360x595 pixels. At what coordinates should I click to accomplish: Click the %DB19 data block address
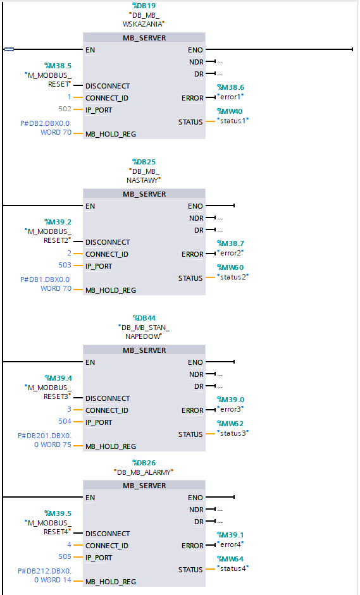[144, 5]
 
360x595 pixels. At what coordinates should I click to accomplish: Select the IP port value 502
[65, 109]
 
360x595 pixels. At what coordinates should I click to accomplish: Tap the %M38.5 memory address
[58, 65]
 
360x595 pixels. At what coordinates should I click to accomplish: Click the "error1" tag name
[230, 97]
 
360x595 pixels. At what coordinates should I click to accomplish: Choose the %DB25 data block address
[144, 161]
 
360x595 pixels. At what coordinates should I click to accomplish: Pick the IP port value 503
[65, 266]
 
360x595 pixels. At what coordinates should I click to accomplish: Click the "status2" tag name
[233, 276]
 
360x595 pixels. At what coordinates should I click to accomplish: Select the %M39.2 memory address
[58, 221]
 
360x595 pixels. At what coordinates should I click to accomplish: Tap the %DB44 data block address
[144, 317]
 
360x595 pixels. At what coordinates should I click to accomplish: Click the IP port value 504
[65, 422]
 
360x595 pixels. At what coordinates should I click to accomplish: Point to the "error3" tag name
[230, 409]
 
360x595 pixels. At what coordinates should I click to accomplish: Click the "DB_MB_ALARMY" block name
[144, 472]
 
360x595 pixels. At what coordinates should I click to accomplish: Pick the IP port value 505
[65, 557]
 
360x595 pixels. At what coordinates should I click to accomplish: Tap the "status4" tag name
[233, 568]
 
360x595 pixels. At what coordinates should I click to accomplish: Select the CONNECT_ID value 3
[69, 410]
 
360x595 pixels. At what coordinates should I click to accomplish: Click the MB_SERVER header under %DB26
[144, 486]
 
